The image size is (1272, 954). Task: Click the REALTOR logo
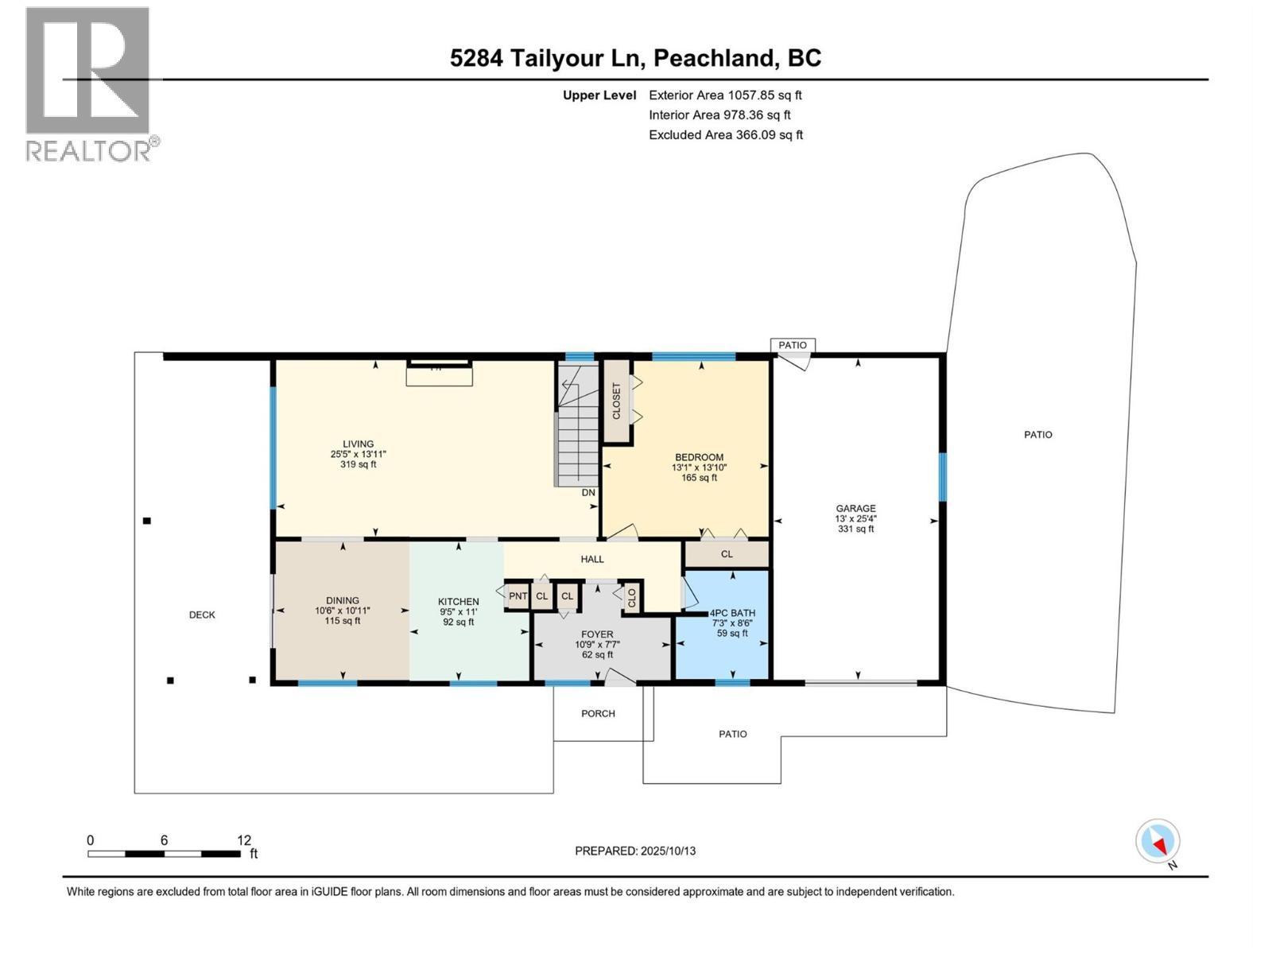(x=92, y=84)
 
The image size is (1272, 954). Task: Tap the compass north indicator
(x=1158, y=841)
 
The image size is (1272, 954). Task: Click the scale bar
(x=165, y=854)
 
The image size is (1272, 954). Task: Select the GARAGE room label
(x=855, y=509)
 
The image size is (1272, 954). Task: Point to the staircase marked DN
(x=577, y=426)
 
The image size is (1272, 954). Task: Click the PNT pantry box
(x=518, y=596)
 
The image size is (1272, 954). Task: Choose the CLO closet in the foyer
(x=632, y=596)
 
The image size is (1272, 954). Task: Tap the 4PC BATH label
(x=732, y=613)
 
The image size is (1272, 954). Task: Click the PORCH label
(x=598, y=714)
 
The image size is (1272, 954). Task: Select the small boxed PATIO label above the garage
(x=792, y=345)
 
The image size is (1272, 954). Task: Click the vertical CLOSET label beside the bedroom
(x=616, y=400)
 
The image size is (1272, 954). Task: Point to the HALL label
(x=592, y=559)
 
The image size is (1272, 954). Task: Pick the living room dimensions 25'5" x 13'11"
(x=358, y=455)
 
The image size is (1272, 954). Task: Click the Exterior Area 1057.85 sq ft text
(x=726, y=95)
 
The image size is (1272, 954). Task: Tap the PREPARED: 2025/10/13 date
(x=635, y=851)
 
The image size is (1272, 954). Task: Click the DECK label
(x=202, y=615)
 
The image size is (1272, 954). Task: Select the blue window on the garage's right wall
(x=942, y=477)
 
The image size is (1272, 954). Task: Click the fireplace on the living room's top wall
(x=439, y=372)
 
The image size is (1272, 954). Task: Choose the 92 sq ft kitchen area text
(x=459, y=622)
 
